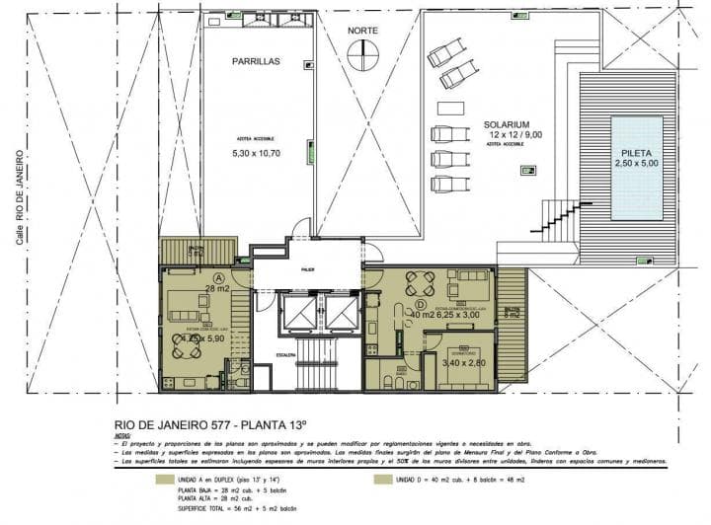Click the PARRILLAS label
256,61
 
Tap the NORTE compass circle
362,54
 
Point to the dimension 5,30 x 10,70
256,154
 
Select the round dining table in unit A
186,345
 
